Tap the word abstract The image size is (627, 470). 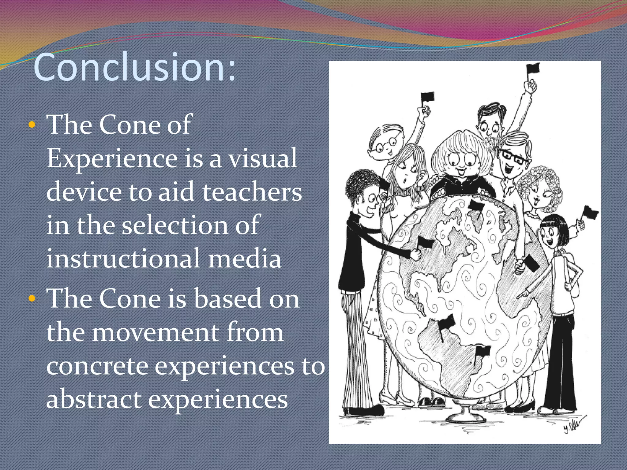point(94,400)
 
